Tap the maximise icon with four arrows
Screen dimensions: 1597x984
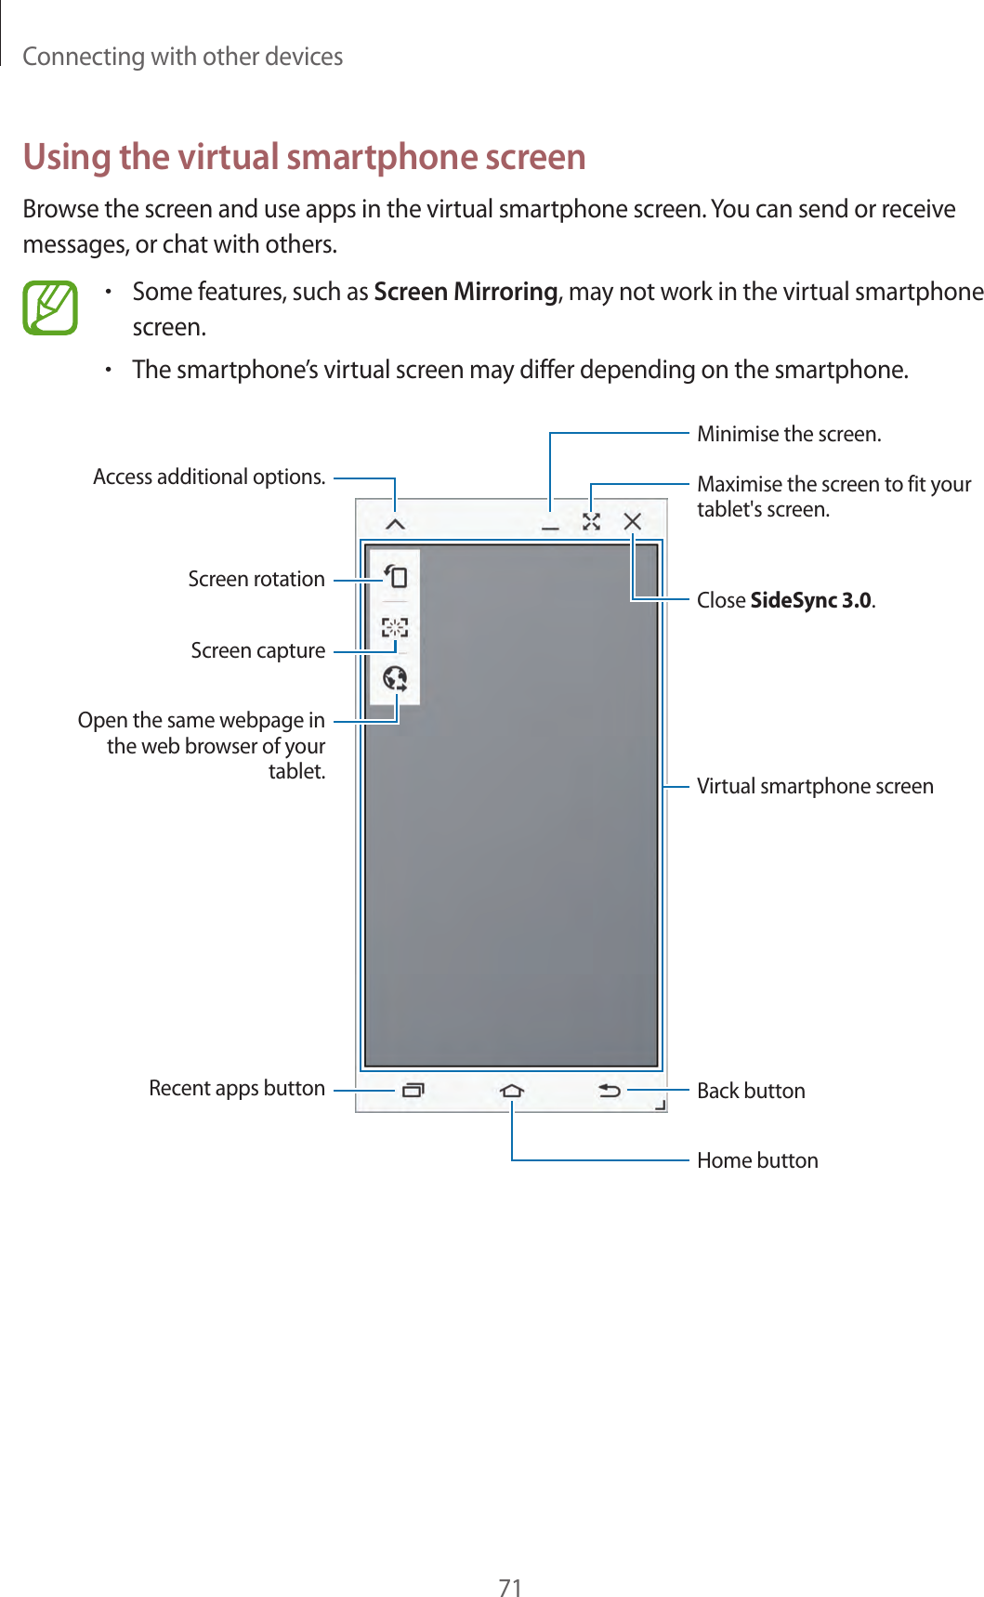[x=591, y=522]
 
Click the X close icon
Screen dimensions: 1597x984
[x=633, y=521]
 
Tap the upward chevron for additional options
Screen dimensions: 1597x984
[x=396, y=525]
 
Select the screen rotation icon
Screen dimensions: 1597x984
[x=396, y=577]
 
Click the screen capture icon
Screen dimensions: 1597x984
[x=395, y=628]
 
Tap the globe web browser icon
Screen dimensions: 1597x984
[x=395, y=678]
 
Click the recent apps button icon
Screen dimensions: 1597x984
[x=413, y=1090]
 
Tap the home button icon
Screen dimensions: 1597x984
[x=511, y=1090]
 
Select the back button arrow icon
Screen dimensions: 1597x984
[x=610, y=1090]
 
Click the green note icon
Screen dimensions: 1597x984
[x=50, y=308]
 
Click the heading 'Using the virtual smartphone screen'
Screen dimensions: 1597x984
[x=304, y=157]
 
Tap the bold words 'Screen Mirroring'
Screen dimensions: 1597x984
[x=466, y=292]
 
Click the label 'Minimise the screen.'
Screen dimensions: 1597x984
[x=789, y=434]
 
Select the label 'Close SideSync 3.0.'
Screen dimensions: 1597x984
[x=786, y=600]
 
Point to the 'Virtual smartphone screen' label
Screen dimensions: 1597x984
[x=815, y=786]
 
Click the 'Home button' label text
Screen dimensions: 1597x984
[x=757, y=1160]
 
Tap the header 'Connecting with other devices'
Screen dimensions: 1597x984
[x=182, y=57]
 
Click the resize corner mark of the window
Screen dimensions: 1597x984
[x=661, y=1105]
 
